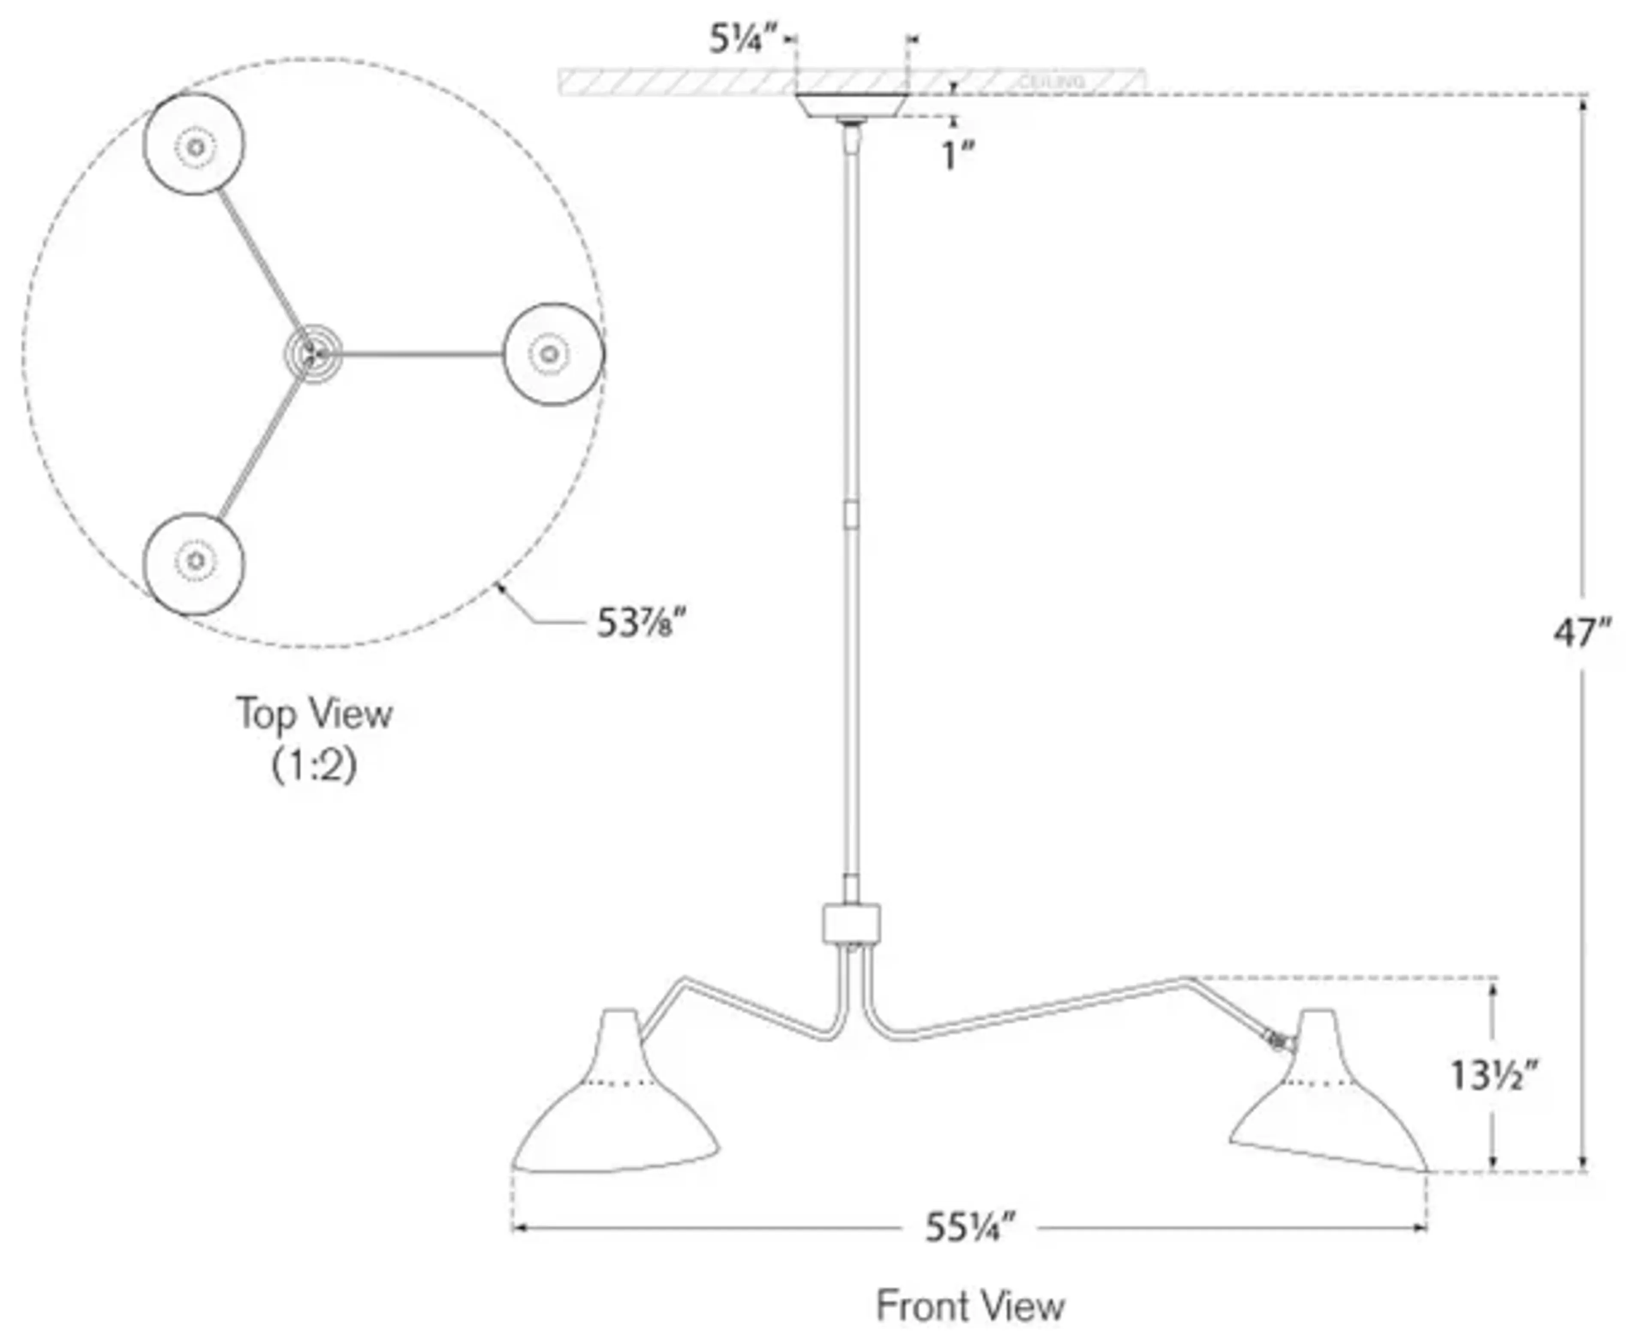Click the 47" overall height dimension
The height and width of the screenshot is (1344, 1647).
click(1582, 633)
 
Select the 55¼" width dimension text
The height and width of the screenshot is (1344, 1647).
click(969, 1227)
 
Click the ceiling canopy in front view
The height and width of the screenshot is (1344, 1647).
click(852, 105)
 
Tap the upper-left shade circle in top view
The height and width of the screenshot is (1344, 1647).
click(193, 145)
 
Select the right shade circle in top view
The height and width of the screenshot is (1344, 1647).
click(553, 354)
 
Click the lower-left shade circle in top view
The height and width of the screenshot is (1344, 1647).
click(193, 563)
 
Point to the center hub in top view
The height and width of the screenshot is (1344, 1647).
click(312, 354)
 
